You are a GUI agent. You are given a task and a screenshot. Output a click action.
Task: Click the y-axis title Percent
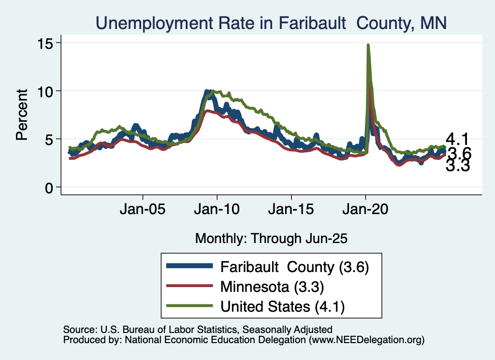click(22, 115)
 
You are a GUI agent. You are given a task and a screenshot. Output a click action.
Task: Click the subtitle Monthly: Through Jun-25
click(271, 238)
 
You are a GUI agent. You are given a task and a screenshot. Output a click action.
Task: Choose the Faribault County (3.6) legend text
click(295, 267)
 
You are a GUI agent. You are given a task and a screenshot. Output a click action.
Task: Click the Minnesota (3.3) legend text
click(272, 287)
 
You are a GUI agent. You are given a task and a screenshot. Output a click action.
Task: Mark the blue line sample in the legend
click(189, 267)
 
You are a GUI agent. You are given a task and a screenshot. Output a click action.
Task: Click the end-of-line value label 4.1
click(458, 140)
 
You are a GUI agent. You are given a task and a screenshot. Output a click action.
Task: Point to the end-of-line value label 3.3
click(458, 167)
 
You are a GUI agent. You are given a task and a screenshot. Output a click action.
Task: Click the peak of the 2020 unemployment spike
click(368, 45)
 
